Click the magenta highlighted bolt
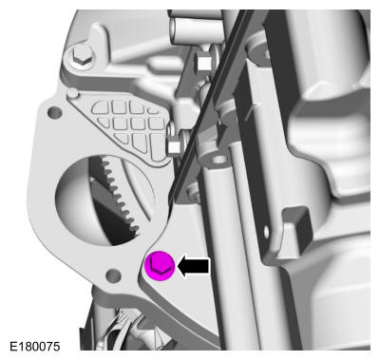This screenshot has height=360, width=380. point(160,266)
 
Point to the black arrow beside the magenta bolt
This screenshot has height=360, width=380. point(193,266)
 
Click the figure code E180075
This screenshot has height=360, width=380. point(34,346)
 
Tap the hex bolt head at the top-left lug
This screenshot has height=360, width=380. point(81,57)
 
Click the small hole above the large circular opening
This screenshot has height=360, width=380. point(54,112)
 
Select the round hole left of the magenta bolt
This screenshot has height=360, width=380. point(113,275)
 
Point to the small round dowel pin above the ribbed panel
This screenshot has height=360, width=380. point(72,93)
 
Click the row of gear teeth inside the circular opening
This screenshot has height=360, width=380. point(122,193)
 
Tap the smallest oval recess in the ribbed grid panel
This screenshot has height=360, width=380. point(153,110)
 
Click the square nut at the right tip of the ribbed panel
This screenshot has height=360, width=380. point(174,146)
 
